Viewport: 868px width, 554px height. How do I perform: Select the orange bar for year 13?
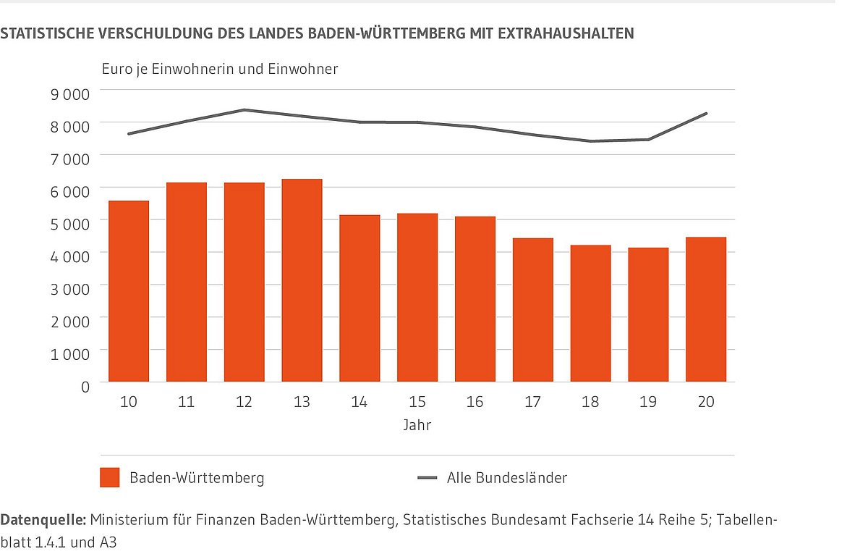302,280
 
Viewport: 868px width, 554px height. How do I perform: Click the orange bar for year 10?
129,291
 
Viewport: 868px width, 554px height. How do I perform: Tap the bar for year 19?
648,315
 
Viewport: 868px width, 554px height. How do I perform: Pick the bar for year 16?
475,299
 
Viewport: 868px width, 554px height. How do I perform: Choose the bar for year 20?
706,309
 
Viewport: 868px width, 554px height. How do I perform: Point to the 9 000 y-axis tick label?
70,94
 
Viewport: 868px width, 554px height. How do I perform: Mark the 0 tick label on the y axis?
85,387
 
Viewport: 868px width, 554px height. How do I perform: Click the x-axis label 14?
359,402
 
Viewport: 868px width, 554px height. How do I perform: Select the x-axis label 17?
532,402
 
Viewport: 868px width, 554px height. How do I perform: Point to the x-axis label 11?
186,402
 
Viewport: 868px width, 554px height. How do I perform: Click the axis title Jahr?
417,425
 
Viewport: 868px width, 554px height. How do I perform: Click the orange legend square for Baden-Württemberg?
109,478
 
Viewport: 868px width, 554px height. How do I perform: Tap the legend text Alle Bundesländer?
507,478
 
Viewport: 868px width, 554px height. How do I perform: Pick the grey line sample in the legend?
427,478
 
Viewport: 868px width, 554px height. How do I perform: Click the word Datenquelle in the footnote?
43,519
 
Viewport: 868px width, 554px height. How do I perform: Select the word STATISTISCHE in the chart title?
47,33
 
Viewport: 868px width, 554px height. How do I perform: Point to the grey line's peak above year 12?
244,110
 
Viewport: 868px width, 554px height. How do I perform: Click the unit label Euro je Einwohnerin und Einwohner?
219,70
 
